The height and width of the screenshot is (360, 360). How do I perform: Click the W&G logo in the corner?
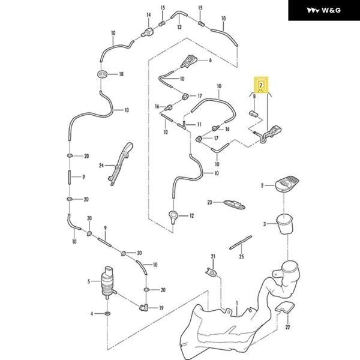point(323,11)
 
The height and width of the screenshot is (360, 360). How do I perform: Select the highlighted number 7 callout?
point(261,85)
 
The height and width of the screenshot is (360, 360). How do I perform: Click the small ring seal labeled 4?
point(107,314)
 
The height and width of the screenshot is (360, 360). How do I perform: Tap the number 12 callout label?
point(191,215)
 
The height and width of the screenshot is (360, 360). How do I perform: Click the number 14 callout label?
point(148,14)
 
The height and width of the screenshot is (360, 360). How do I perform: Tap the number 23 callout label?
point(211,203)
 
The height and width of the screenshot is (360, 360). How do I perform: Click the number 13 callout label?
point(179,27)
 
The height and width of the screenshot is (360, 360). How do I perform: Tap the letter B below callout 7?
point(254,96)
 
